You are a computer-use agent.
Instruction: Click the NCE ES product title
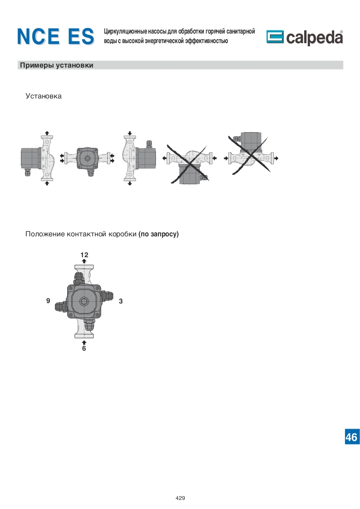click(x=55, y=36)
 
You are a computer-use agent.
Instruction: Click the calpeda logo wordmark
click(x=314, y=38)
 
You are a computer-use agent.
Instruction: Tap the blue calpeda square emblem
click(x=275, y=37)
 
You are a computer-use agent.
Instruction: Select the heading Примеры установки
click(x=57, y=65)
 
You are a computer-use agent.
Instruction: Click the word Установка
click(x=44, y=96)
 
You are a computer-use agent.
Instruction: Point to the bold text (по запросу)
click(x=158, y=234)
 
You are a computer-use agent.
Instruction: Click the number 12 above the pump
click(x=84, y=255)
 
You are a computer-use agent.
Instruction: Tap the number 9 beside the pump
click(x=48, y=301)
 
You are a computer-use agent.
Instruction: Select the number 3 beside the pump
click(x=121, y=301)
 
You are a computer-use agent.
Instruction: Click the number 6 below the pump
click(x=84, y=348)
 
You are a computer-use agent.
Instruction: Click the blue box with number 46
click(x=351, y=437)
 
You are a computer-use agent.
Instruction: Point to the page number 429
click(x=180, y=498)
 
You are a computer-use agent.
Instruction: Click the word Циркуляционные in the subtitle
click(x=125, y=31)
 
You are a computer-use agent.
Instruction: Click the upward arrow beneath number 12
click(x=84, y=261)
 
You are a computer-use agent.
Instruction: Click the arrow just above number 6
click(x=84, y=343)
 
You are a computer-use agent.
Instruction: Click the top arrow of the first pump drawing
click(x=47, y=133)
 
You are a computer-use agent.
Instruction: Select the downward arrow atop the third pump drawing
click(x=130, y=133)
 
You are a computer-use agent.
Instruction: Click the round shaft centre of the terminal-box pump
click(x=84, y=301)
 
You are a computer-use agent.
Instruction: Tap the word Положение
click(x=45, y=234)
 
